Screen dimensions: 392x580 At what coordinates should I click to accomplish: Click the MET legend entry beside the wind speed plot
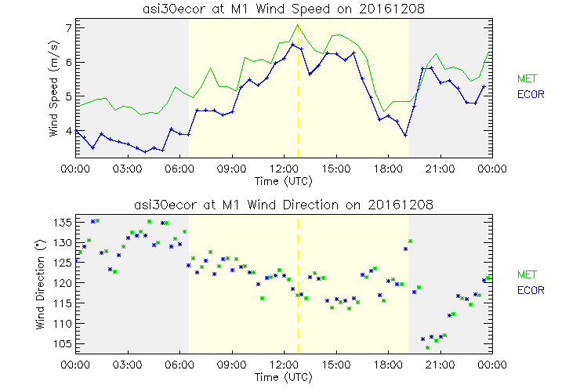(x=526, y=78)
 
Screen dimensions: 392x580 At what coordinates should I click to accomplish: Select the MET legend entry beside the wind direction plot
(x=526, y=274)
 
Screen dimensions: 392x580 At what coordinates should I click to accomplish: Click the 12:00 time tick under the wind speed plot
(x=284, y=168)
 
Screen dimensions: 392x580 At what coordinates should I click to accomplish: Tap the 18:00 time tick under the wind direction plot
(x=388, y=365)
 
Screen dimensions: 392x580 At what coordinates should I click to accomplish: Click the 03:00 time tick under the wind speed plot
(x=127, y=168)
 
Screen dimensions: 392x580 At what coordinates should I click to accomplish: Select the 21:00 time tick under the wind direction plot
(x=440, y=365)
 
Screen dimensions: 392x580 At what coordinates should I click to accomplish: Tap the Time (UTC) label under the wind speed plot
(x=283, y=180)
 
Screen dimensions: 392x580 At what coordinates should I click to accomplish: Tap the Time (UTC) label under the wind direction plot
(x=283, y=376)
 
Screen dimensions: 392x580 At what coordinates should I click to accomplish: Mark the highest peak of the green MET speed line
(x=298, y=25)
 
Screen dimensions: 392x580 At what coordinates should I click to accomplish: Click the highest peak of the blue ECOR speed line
(x=292, y=45)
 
